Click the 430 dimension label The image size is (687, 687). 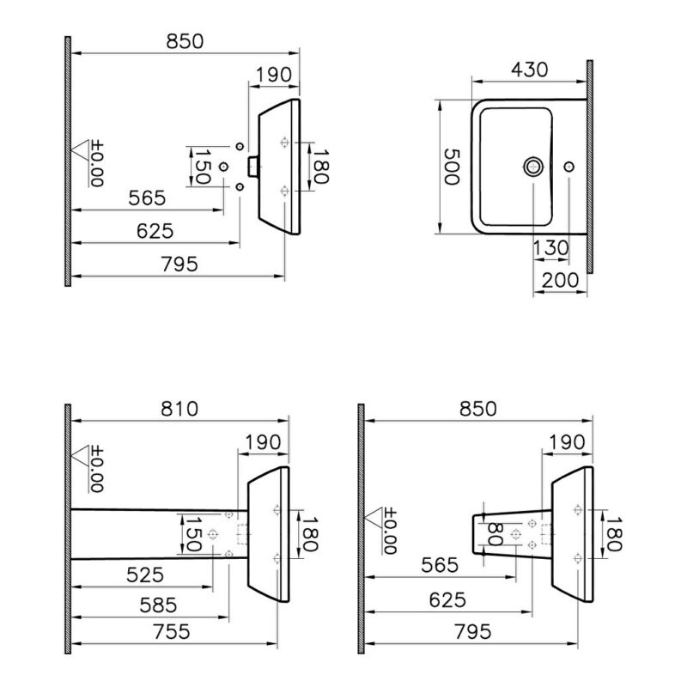(x=529, y=70)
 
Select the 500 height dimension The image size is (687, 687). (x=452, y=167)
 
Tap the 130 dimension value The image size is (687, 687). (x=550, y=248)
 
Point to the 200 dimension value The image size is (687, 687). (x=561, y=281)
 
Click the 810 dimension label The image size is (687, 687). (x=179, y=409)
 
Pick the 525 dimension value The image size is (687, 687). (x=145, y=575)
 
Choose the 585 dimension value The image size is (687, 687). (x=158, y=605)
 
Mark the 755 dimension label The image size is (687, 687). (x=172, y=632)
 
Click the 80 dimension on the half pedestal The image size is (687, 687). (x=495, y=534)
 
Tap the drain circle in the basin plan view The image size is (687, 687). (x=533, y=167)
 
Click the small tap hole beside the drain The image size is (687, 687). (x=568, y=167)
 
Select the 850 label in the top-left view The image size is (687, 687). (x=185, y=41)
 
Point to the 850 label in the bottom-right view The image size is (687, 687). (x=478, y=409)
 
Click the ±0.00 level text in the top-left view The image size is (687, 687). (x=97, y=164)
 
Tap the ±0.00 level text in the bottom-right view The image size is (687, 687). (x=390, y=531)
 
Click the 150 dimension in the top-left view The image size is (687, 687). (x=203, y=167)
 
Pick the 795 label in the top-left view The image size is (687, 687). (x=179, y=264)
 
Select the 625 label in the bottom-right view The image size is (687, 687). (x=447, y=600)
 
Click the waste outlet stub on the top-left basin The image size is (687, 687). (x=253, y=167)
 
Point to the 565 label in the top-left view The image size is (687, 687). (x=147, y=198)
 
